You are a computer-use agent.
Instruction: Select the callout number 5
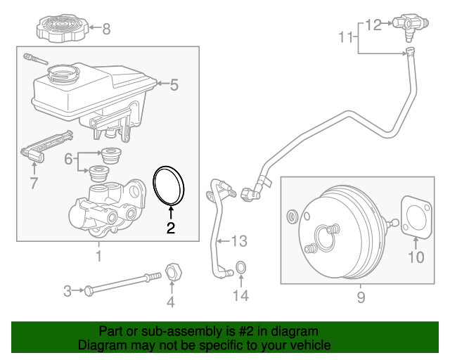click(x=174, y=86)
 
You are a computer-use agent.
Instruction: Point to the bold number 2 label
click(x=169, y=228)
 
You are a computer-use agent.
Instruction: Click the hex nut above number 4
click(x=172, y=271)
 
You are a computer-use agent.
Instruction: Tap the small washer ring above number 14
click(x=240, y=268)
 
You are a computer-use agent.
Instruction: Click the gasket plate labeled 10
click(x=416, y=217)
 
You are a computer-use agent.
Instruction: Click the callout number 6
click(x=68, y=160)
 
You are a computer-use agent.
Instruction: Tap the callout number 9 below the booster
click(x=361, y=298)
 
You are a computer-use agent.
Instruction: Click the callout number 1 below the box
click(x=98, y=256)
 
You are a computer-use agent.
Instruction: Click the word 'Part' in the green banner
click(x=112, y=330)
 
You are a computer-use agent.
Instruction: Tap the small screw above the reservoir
click(x=32, y=58)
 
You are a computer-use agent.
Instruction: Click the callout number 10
click(x=416, y=257)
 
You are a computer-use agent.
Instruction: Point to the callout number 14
click(x=240, y=296)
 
